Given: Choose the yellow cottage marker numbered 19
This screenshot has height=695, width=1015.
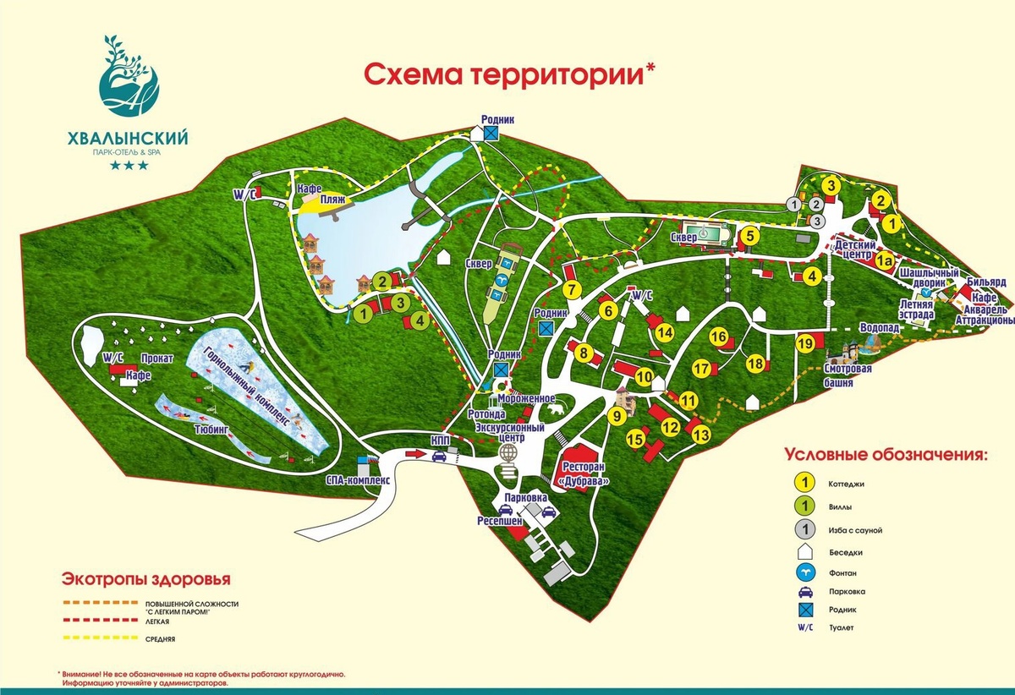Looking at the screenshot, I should click(804, 343).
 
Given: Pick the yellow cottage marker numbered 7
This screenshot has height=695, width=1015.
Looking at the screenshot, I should click(573, 289).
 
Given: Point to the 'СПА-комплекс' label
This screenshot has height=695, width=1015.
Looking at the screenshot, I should click(358, 478).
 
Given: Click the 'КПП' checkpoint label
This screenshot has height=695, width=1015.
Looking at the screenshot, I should click(441, 440).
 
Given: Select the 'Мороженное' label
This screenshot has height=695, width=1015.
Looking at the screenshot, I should click(525, 398).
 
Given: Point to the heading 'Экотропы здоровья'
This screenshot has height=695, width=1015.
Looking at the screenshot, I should click(145, 579).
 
